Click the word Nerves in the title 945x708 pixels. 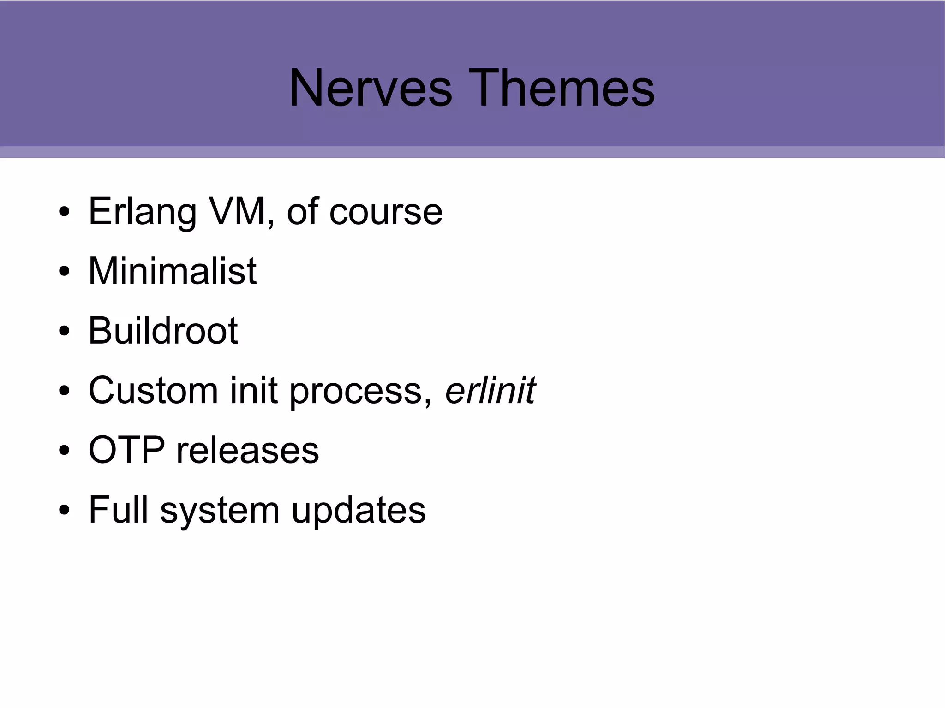tap(370, 88)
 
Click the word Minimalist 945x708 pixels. tap(172, 271)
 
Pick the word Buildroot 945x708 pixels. tap(163, 331)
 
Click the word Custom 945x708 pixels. tap(153, 391)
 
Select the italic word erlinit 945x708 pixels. tap(490, 391)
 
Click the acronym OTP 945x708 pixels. tap(126, 450)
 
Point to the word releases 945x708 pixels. tap(248, 451)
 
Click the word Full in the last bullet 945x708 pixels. tap(118, 510)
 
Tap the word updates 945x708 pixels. tap(359, 511)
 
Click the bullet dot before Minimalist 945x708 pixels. tap(64, 272)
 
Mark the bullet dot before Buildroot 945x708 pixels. tap(64, 331)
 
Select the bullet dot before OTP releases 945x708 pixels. tap(64, 451)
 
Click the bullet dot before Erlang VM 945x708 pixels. tap(64, 212)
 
